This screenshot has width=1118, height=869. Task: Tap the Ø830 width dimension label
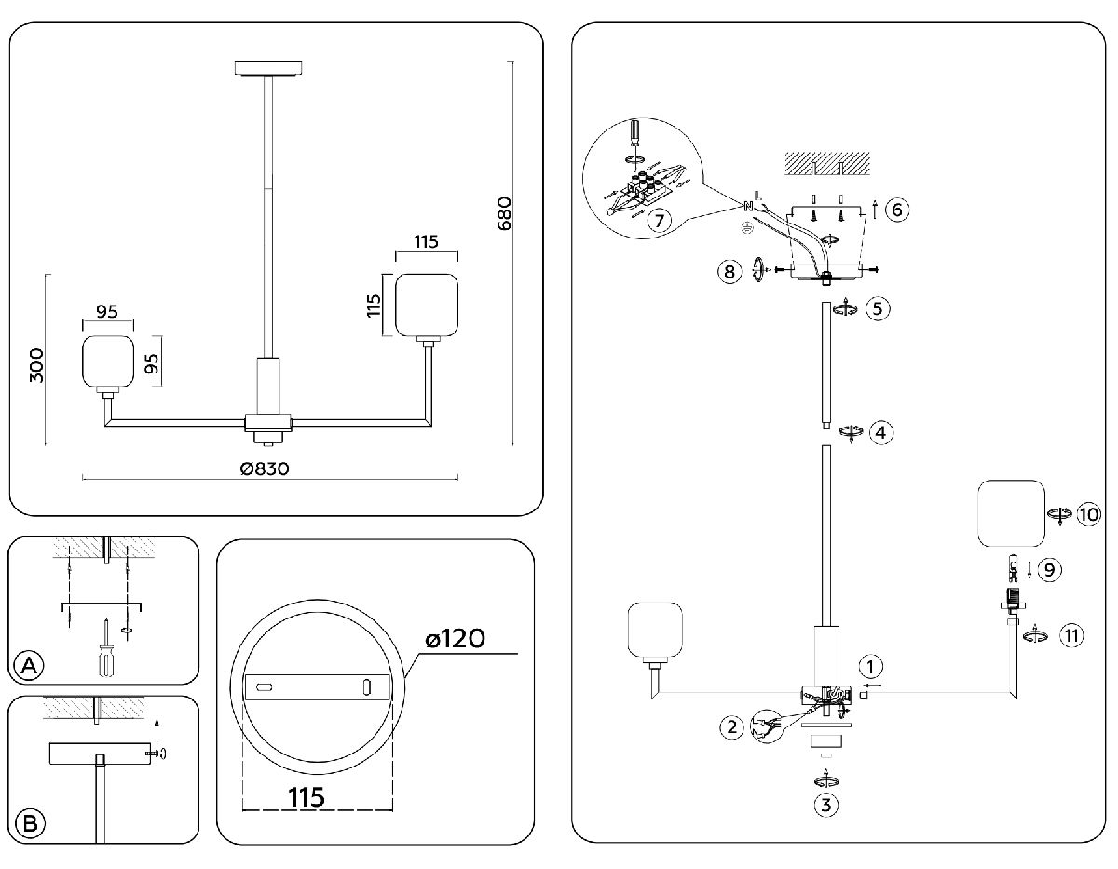click(x=265, y=468)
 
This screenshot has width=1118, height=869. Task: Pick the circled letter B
click(x=30, y=823)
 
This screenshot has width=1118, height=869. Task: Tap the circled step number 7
click(x=658, y=221)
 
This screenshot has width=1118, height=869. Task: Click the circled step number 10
click(x=1087, y=514)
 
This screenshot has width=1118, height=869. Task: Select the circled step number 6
click(x=895, y=209)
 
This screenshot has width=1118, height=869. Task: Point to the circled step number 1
click(x=869, y=666)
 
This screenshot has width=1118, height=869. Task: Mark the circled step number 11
click(x=1071, y=636)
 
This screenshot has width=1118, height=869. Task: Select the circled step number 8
click(x=730, y=271)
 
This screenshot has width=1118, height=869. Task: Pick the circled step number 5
click(x=878, y=308)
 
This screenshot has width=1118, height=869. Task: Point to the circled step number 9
click(x=1050, y=568)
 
